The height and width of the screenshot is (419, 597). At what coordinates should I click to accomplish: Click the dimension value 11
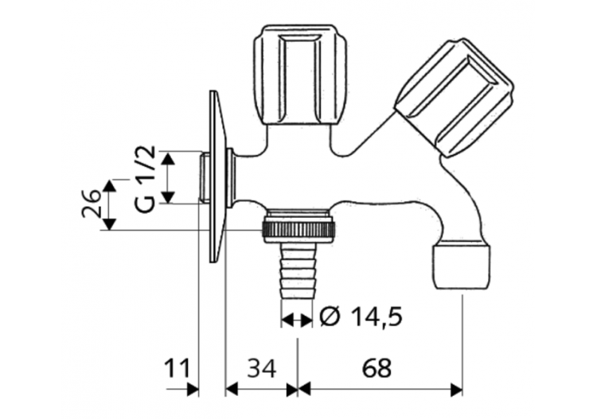[x=179, y=368]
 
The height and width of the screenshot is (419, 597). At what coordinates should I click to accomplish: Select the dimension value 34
[x=262, y=368]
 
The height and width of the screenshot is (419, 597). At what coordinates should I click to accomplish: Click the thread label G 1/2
[x=144, y=180]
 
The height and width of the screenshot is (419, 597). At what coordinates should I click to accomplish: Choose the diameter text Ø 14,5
[x=361, y=318]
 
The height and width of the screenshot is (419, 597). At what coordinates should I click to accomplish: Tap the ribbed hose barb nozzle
[x=298, y=271]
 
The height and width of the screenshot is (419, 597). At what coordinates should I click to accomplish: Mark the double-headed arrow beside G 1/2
[x=168, y=177]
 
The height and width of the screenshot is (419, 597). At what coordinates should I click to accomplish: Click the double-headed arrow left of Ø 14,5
[x=297, y=320]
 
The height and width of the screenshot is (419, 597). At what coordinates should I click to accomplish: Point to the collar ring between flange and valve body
[x=231, y=177]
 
